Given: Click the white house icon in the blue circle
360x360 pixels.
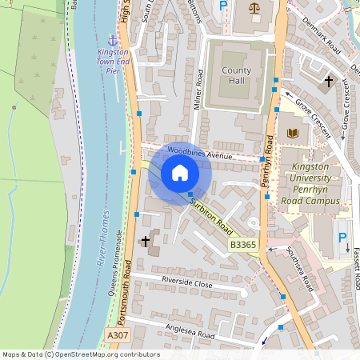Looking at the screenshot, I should tap(180, 173).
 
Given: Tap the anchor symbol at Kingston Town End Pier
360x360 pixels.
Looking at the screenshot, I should tap(113, 38).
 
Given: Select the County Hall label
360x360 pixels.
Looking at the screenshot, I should tap(237, 76).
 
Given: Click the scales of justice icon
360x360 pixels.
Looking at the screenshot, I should tap(254, 8).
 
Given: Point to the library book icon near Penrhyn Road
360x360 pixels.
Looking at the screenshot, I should tap(292, 132).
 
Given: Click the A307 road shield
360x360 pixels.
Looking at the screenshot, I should tap(117, 335).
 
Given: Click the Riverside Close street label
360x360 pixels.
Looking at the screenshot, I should tap(187, 282).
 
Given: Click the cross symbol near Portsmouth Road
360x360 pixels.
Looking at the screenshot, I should tap(146, 241).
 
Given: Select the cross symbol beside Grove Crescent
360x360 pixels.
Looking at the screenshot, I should tap(328, 81).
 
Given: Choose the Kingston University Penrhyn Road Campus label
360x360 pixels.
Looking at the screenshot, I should tap(305, 184).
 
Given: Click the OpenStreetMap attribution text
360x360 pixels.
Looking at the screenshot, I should tap(81, 354).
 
